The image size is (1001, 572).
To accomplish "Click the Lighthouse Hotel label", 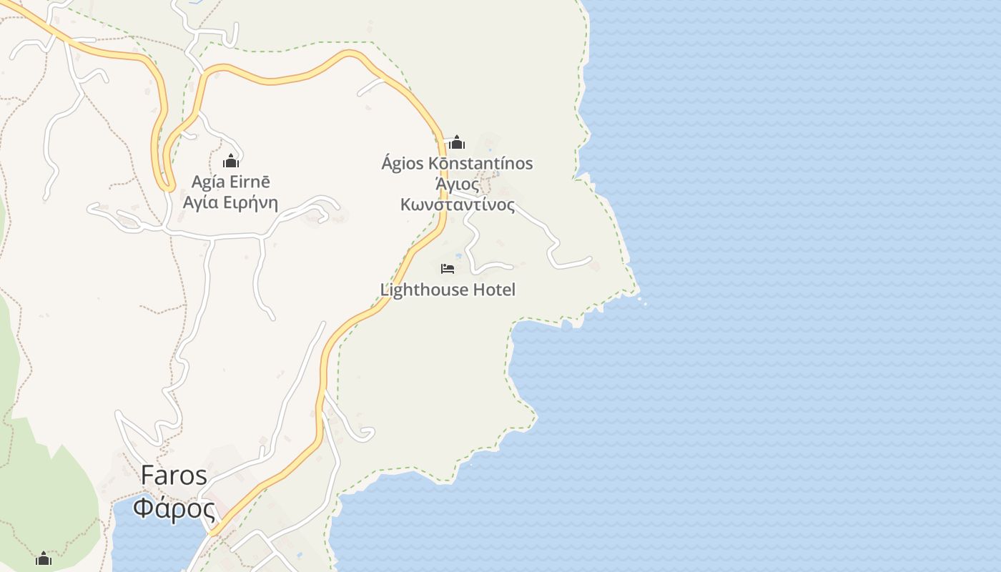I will [448, 290].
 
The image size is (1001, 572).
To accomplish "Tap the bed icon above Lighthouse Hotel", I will [448, 269].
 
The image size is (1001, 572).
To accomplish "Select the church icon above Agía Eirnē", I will [231, 161].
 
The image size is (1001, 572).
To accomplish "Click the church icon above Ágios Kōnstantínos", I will [457, 142].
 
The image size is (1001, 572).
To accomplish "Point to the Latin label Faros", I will [174, 475].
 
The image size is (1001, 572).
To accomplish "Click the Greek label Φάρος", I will [174, 509].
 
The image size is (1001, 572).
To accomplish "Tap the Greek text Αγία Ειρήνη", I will [230, 202].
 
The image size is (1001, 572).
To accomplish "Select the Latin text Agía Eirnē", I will [230, 182].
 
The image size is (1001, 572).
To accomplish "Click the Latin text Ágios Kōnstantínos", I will [457, 163].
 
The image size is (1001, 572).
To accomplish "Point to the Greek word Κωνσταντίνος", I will [457, 204].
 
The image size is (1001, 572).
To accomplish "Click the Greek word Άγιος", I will [457, 184].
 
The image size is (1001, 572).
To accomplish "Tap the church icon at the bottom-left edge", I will [44, 558].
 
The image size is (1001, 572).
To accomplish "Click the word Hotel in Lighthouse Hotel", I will [493, 290].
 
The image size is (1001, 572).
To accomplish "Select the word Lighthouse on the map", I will [423, 290].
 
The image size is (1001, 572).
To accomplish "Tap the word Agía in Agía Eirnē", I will [207, 182].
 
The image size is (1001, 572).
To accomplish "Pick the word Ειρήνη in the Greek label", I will [250, 202].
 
